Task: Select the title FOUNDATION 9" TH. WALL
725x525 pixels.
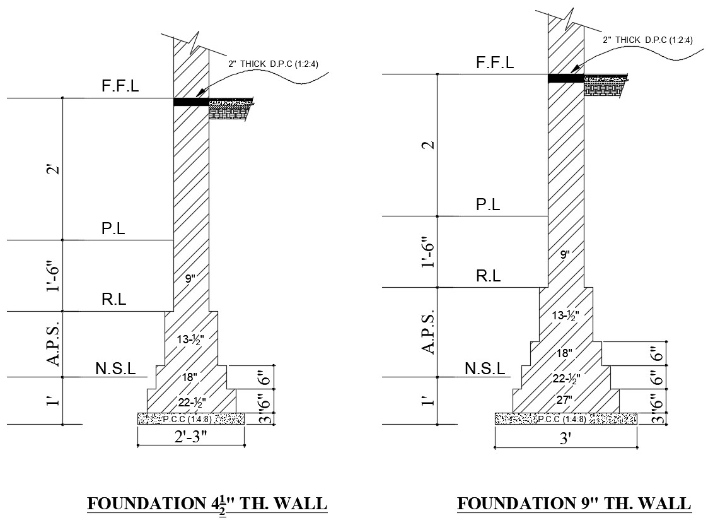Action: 574,504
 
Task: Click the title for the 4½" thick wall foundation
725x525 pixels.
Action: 207,504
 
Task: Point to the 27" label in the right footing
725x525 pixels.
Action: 565,399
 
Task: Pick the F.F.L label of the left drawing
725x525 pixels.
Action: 120,87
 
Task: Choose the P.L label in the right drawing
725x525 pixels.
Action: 488,204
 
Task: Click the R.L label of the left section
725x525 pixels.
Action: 114,300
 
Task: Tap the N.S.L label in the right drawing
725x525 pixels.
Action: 485,369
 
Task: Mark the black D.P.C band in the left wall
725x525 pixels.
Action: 190,102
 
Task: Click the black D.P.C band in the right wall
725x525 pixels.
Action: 565,78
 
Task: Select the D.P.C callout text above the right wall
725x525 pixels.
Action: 647,40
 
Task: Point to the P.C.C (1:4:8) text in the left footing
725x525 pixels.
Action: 190,418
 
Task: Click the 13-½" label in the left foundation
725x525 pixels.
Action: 190,339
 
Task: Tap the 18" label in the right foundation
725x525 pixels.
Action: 565,353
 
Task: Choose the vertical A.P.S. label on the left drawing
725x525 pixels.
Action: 54,344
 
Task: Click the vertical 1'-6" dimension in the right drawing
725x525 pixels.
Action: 429,252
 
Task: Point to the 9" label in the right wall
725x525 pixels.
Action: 565,255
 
